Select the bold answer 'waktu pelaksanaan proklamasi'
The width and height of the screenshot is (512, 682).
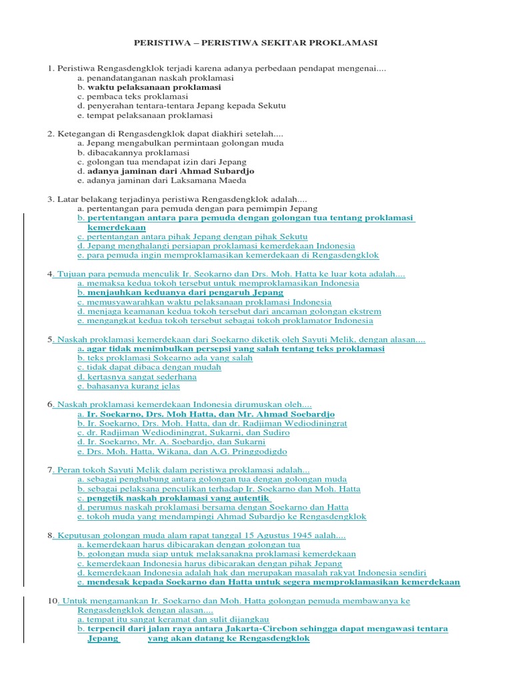pos(154,87)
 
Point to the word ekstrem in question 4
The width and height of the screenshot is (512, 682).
pos(366,311)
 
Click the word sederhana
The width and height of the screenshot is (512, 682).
pos(171,376)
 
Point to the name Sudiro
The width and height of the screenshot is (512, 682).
pos(275,432)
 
